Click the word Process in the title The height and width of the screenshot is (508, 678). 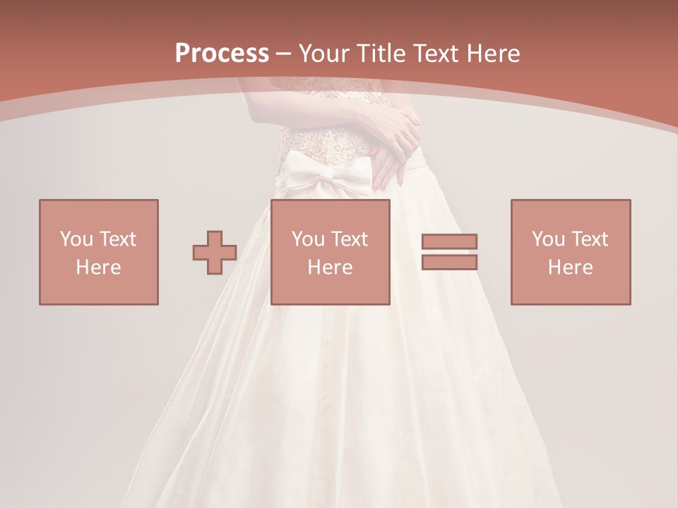pyautogui.click(x=222, y=53)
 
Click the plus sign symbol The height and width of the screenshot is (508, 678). pyautogui.click(x=215, y=252)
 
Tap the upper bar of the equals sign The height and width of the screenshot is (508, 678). pyautogui.click(x=449, y=241)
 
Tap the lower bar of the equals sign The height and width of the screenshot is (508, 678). pyautogui.click(x=449, y=262)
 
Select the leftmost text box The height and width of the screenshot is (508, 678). pyautogui.click(x=98, y=252)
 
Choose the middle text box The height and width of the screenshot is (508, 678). pyautogui.click(x=330, y=252)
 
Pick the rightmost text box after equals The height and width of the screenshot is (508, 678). pyautogui.click(x=570, y=252)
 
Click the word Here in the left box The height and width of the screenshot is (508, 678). pyautogui.click(x=98, y=267)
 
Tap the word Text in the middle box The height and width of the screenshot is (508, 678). pyautogui.click(x=350, y=239)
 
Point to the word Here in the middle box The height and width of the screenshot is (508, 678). pyautogui.click(x=330, y=267)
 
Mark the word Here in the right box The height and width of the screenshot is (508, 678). pyautogui.click(x=570, y=267)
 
